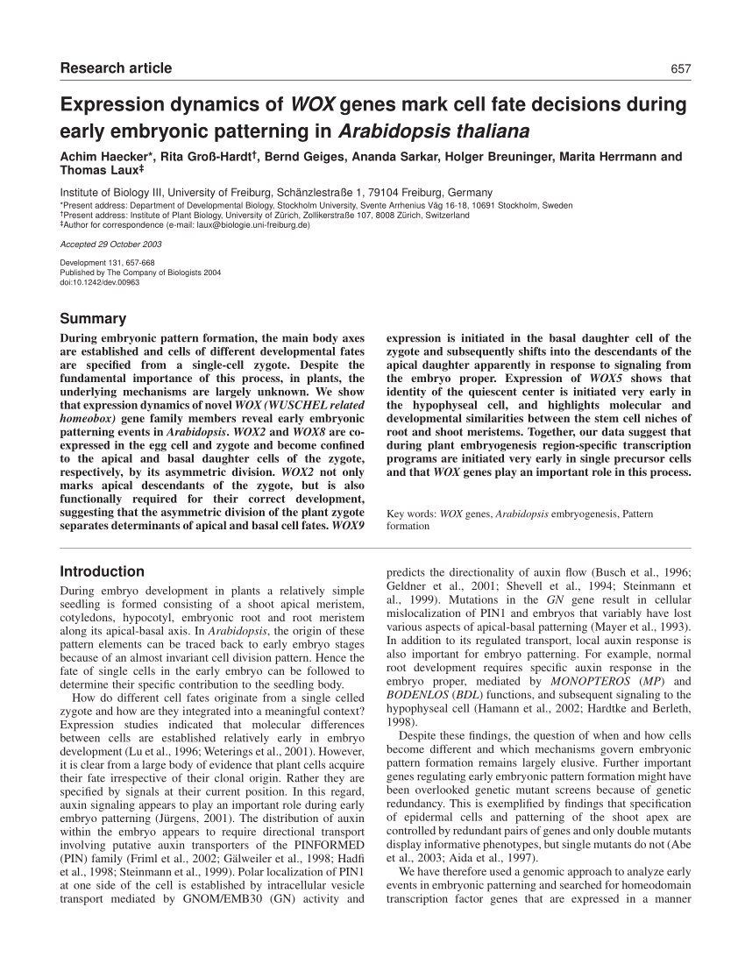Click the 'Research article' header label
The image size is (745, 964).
116,68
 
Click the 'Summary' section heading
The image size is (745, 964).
93,319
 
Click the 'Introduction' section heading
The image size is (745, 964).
102,571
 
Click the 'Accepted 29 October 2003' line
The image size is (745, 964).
110,245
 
